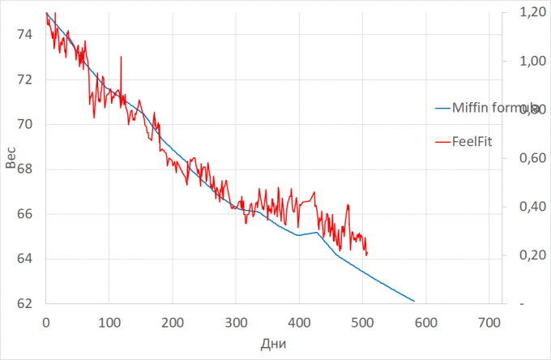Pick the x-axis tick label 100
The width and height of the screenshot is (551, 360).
(109, 321)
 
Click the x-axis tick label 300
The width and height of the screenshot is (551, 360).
(236, 321)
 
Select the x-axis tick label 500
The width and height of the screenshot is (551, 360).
(362, 321)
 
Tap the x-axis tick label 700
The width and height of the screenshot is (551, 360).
(489, 321)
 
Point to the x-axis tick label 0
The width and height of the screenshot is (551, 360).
(45, 321)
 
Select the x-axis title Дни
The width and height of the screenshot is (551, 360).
(272, 343)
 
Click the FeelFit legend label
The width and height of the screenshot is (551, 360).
(475, 141)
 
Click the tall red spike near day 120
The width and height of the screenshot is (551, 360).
(121, 58)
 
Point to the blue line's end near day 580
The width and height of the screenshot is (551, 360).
(414, 301)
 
